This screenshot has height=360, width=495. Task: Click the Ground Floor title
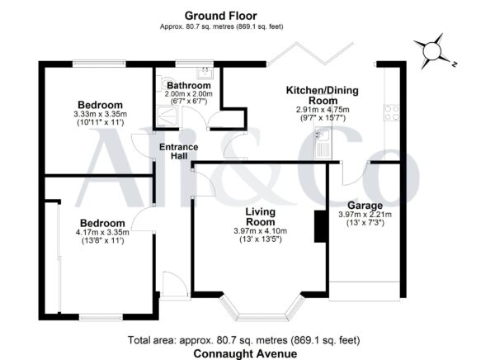(220, 16)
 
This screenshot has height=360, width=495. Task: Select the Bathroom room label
(189, 85)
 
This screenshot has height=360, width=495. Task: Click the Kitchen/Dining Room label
(323, 96)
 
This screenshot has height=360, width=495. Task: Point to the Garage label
(365, 206)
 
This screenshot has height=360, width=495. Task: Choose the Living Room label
(261, 216)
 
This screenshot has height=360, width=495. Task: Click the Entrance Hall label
(179, 151)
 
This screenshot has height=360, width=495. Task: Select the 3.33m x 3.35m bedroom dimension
(101, 114)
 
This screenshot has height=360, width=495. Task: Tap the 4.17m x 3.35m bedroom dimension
(102, 232)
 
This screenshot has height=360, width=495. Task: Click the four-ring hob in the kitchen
(391, 113)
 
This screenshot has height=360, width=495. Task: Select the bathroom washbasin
(205, 73)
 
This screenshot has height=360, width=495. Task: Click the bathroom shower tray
(167, 116)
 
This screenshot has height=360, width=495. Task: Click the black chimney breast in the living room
(320, 226)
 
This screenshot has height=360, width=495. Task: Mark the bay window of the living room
(262, 310)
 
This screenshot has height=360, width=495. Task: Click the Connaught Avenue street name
(245, 353)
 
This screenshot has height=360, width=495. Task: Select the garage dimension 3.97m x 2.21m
(365, 215)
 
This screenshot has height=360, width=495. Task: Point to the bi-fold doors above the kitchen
(310, 53)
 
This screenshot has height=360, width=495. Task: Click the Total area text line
(243, 340)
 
